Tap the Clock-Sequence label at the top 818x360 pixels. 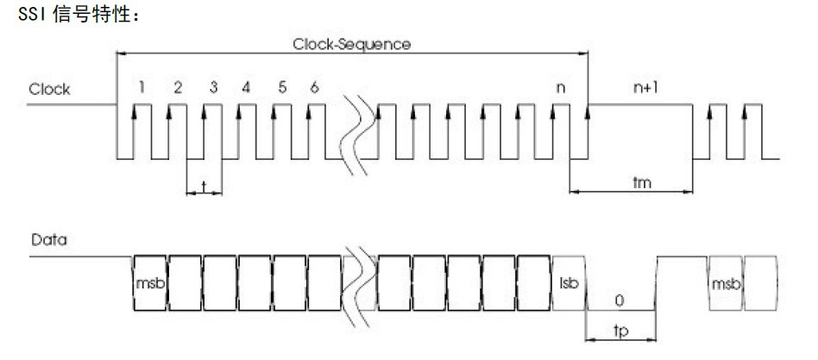click(x=352, y=42)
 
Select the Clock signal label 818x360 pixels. click(x=49, y=89)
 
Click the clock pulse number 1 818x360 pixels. click(x=142, y=87)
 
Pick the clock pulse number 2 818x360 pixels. click(x=177, y=87)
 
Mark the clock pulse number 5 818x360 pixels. click(x=281, y=87)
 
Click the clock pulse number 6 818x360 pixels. click(x=315, y=87)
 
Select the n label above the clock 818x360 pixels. click(x=562, y=88)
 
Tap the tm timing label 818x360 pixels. click(x=640, y=183)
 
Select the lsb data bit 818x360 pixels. click(x=568, y=283)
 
